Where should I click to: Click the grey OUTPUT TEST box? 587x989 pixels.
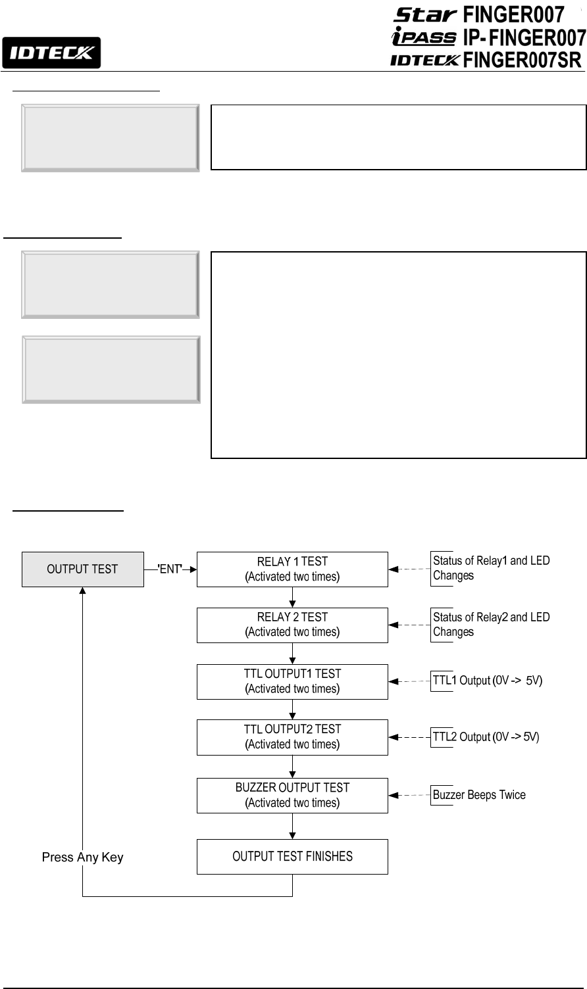pyautogui.click(x=82, y=569)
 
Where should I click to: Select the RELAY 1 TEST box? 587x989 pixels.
pyautogui.click(x=292, y=569)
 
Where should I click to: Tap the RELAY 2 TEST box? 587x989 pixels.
pyautogui.click(x=292, y=625)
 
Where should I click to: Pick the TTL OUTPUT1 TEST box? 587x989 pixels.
pyautogui.click(x=292, y=681)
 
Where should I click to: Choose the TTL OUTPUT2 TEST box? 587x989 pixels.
pyautogui.click(x=292, y=736)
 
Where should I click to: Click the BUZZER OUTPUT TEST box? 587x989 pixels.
pyautogui.click(x=292, y=795)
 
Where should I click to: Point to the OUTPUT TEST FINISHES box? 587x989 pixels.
pyautogui.click(x=292, y=856)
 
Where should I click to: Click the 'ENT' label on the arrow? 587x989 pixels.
pyautogui.click(x=170, y=569)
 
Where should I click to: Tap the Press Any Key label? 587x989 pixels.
pyautogui.click(x=82, y=857)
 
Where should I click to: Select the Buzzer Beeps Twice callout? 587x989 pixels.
pyautogui.click(x=479, y=795)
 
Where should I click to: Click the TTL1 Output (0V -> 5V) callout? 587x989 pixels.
pyautogui.click(x=487, y=681)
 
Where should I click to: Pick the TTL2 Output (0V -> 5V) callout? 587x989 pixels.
pyautogui.click(x=486, y=737)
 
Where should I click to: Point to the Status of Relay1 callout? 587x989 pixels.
pyautogui.click(x=491, y=568)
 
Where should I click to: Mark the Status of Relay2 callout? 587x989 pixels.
pyautogui.click(x=491, y=625)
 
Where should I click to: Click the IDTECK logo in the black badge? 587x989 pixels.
pyautogui.click(x=51, y=53)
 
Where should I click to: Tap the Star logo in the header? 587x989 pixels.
pyautogui.click(x=425, y=14)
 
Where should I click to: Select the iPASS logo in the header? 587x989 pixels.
pyautogui.click(x=423, y=37)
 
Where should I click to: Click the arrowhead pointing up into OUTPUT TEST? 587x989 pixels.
pyautogui.click(x=82, y=591)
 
